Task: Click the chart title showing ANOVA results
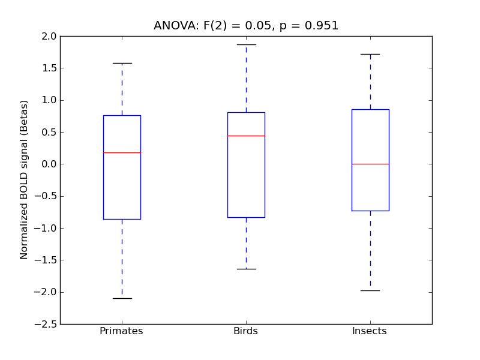tap(246, 26)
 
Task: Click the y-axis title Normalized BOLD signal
tap(25, 179)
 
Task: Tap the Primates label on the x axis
tap(121, 331)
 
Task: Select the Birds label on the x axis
tap(245, 331)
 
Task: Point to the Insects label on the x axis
tap(370, 331)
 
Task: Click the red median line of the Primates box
tap(122, 152)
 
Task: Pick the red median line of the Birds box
tap(246, 136)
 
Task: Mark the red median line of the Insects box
tap(370, 164)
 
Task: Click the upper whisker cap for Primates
tap(122, 63)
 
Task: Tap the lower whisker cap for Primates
tap(122, 298)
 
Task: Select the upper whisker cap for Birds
tap(246, 44)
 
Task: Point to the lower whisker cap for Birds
tap(246, 269)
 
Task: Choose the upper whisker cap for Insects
tap(370, 54)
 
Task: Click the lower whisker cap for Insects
tap(370, 290)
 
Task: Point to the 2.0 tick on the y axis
tap(49, 36)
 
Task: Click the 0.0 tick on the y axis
tap(49, 164)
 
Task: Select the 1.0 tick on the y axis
tap(49, 100)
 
